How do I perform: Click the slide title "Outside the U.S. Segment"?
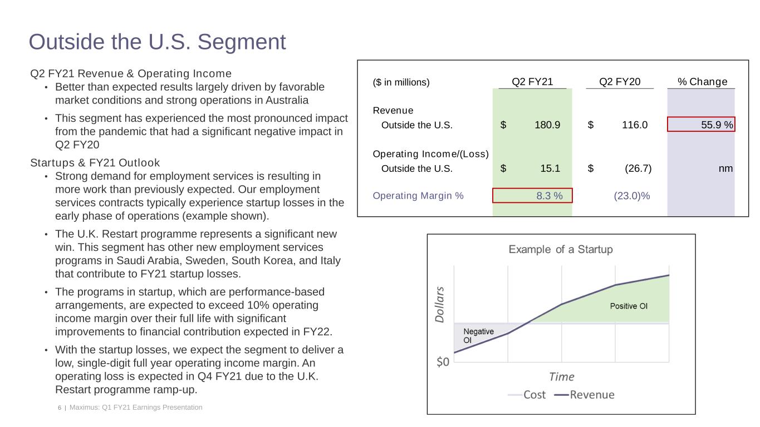pyautogui.click(x=158, y=42)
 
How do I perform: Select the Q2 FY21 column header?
pyautogui.click(x=532, y=82)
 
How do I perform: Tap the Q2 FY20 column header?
pyautogui.click(x=620, y=82)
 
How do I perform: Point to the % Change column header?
pyautogui.click(x=702, y=82)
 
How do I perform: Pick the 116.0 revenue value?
pyautogui.click(x=634, y=125)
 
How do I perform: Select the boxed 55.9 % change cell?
pyautogui.click(x=701, y=125)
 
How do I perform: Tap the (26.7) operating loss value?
pyautogui.click(x=638, y=168)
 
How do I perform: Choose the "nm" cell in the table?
pyautogui.click(x=725, y=168)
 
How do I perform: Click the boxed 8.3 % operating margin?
pyautogui.click(x=532, y=196)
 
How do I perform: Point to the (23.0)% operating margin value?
pyautogui.click(x=631, y=196)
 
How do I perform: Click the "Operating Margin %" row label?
pyautogui.click(x=418, y=196)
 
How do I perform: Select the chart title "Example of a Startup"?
pyautogui.click(x=561, y=250)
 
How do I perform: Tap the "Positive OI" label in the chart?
pyautogui.click(x=629, y=306)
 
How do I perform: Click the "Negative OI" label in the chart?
pyautogui.click(x=478, y=335)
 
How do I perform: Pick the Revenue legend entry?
pyautogui.click(x=585, y=395)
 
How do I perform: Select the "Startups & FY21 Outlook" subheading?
pyautogui.click(x=95, y=163)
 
